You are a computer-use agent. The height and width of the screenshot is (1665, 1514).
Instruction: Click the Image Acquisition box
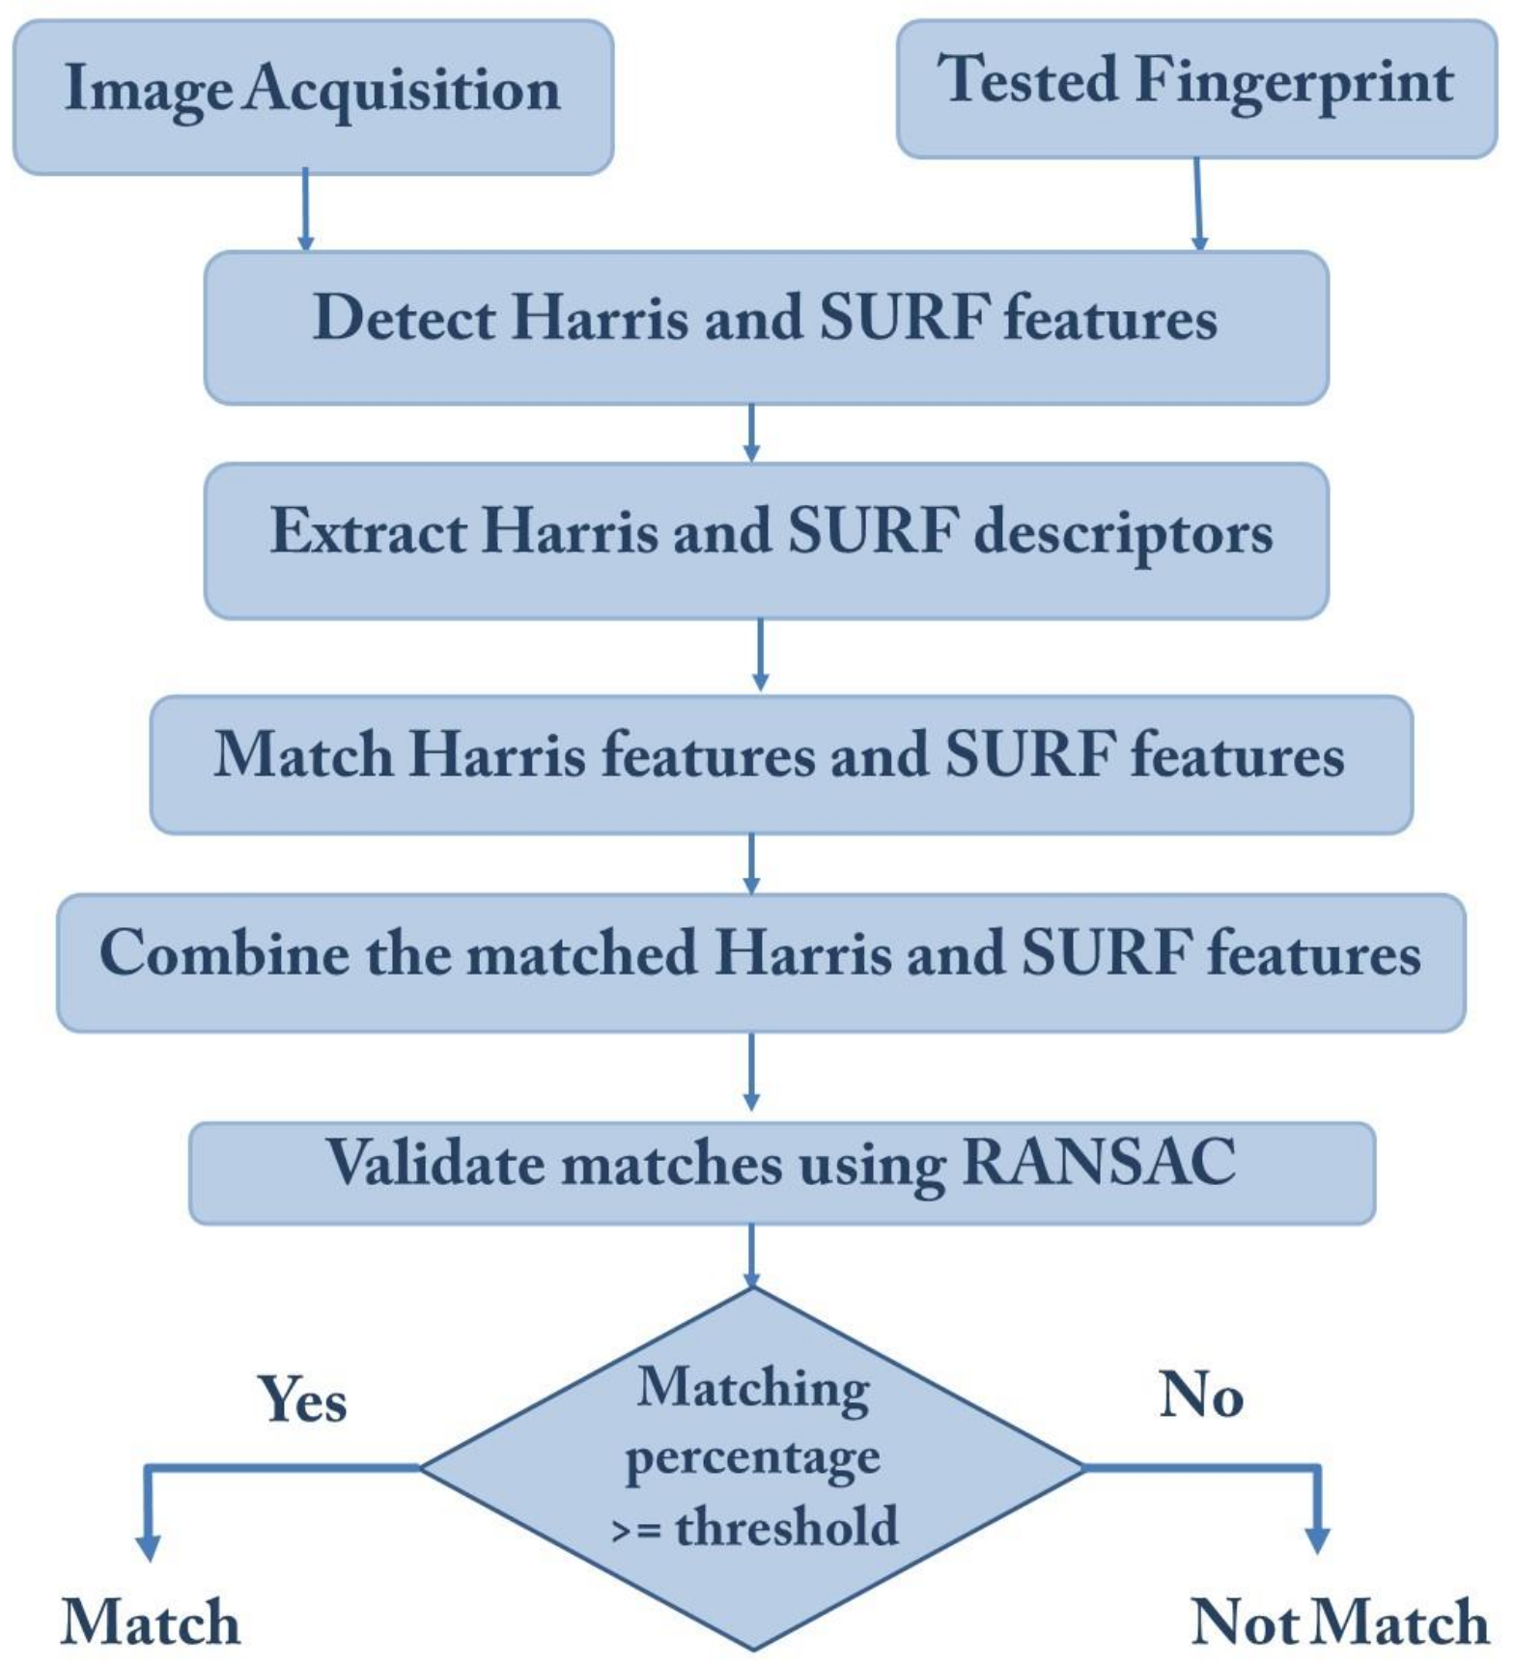pos(313,98)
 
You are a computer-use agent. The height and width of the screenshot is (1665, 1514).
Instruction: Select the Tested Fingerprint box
pos(1196,89)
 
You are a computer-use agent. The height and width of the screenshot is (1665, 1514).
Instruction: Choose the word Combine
pos(224,953)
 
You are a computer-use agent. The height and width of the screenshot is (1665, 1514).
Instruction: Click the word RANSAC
pos(1099,1162)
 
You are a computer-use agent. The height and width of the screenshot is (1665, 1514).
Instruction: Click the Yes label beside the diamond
pos(302,1399)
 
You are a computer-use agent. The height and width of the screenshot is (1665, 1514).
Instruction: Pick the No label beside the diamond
pos(1200,1395)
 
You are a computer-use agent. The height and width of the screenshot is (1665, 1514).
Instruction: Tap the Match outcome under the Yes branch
pos(151,1622)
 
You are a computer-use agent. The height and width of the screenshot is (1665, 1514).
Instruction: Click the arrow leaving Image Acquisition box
pos(305,209)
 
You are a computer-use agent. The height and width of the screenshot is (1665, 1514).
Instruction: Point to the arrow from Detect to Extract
pos(752,433)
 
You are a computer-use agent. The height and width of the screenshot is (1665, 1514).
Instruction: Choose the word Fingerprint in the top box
pos(1294,81)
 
